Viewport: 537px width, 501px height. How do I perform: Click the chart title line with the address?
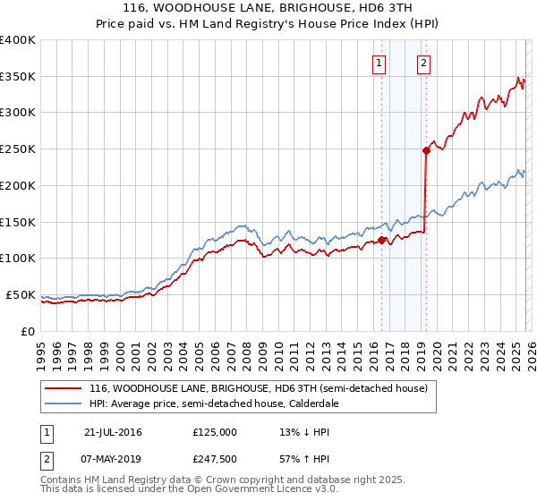pyautogui.click(x=268, y=8)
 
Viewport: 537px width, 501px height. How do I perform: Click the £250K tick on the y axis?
pyautogui.click(x=18, y=149)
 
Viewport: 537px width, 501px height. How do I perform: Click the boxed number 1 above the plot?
pyautogui.click(x=379, y=63)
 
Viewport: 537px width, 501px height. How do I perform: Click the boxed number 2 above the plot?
pyautogui.click(x=422, y=63)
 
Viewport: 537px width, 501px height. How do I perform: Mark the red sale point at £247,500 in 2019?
pyautogui.click(x=426, y=151)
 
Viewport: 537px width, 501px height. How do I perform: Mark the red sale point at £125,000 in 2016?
pyautogui.click(x=382, y=240)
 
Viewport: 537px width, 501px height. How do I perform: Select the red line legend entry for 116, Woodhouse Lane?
pyautogui.click(x=259, y=389)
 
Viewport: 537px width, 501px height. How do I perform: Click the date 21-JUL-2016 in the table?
pyautogui.click(x=113, y=432)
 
